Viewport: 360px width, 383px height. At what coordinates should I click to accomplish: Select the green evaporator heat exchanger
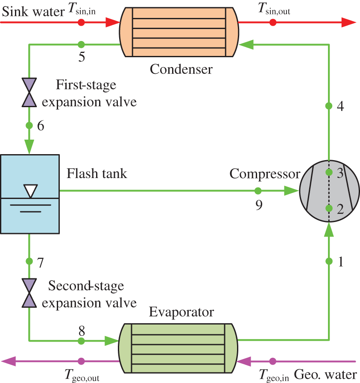(179, 348)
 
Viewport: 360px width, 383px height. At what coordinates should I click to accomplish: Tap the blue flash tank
(29, 194)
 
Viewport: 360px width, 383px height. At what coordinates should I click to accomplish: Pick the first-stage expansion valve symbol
(29, 92)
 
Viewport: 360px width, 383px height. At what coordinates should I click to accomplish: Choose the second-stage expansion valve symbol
(29, 293)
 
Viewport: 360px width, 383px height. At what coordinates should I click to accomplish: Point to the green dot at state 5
(82, 44)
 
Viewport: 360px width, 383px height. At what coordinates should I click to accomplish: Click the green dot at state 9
(258, 191)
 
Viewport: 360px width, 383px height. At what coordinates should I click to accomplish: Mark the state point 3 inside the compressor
(329, 172)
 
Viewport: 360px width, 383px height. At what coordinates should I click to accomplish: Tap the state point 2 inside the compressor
(329, 208)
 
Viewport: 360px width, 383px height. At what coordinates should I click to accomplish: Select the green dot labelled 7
(29, 261)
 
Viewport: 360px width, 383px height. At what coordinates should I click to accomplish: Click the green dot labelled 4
(329, 105)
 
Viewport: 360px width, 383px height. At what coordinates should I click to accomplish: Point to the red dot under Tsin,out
(273, 22)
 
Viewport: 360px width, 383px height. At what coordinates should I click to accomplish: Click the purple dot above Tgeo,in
(273, 361)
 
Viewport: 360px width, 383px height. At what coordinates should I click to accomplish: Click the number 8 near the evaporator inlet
(82, 330)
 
